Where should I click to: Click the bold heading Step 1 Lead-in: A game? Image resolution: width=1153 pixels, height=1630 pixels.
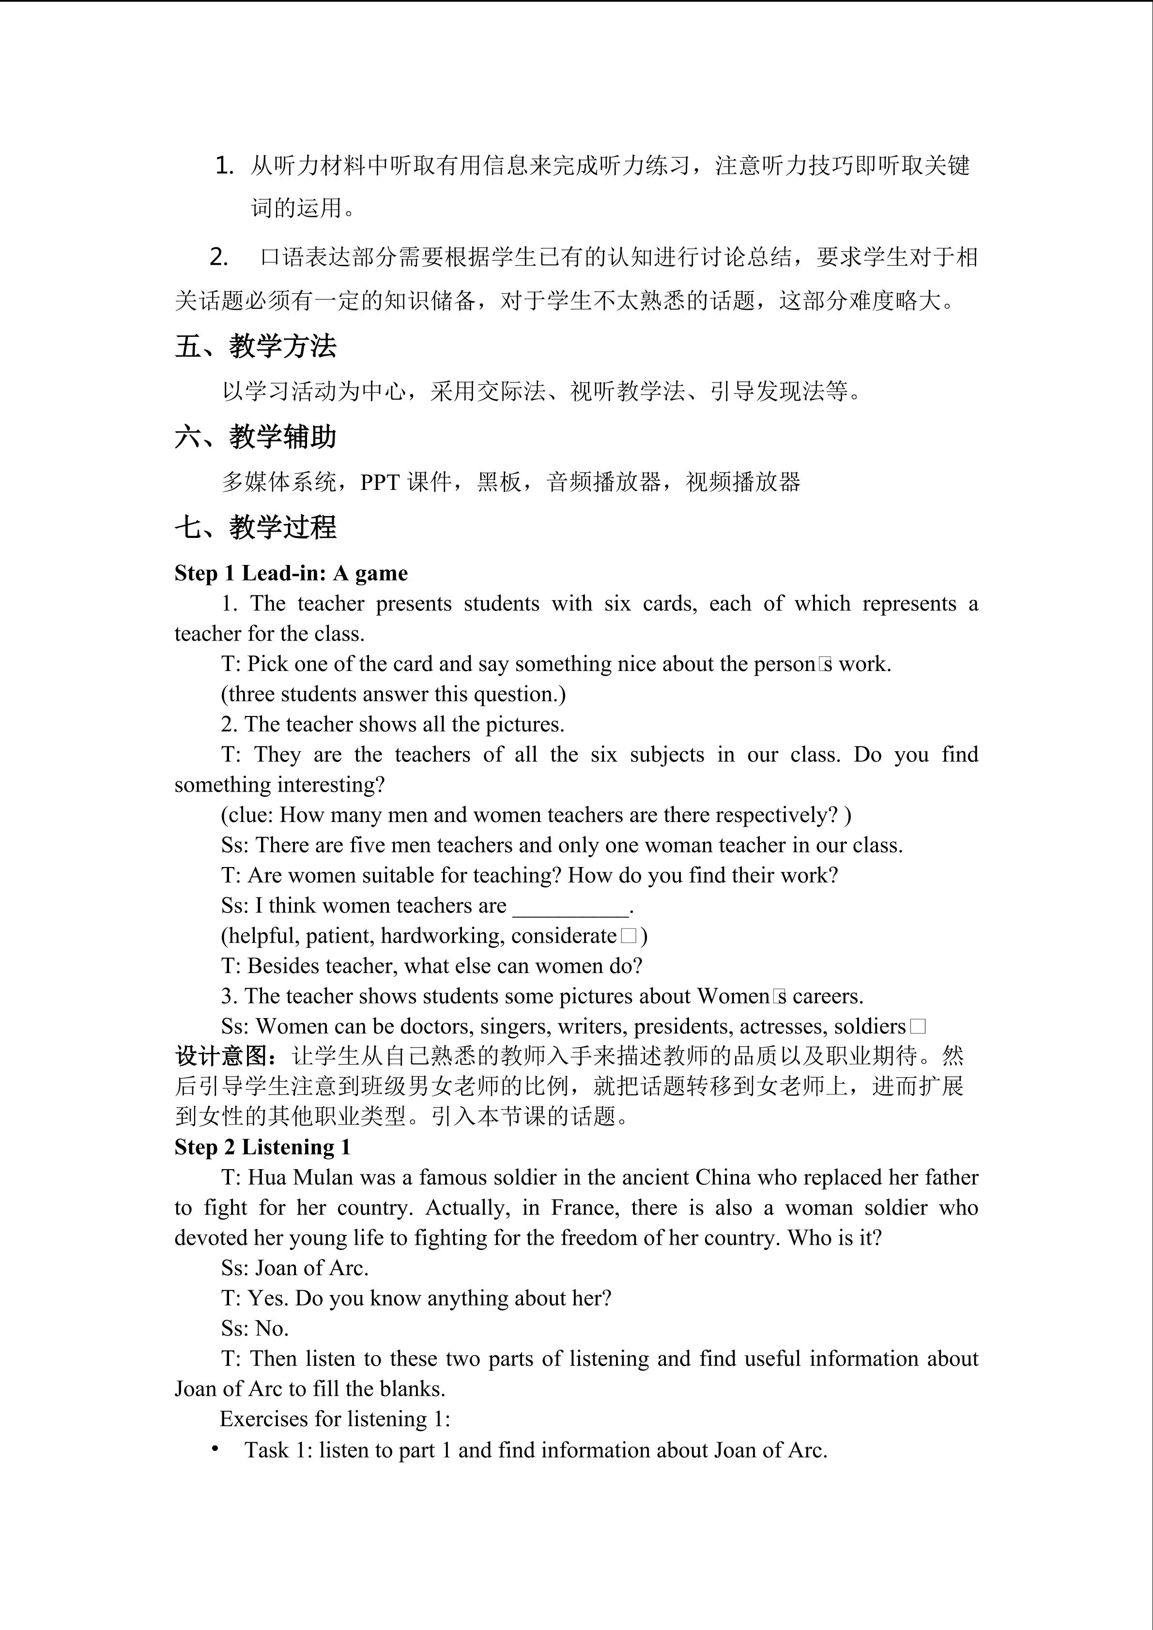tap(291, 573)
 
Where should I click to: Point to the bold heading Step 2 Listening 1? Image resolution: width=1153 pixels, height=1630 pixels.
tap(262, 1147)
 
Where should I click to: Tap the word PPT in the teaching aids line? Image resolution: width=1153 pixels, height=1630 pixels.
tap(381, 483)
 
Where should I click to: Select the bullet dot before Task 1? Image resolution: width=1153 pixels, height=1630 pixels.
tap(215, 1449)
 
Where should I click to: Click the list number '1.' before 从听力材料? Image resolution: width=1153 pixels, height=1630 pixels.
tap(224, 166)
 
